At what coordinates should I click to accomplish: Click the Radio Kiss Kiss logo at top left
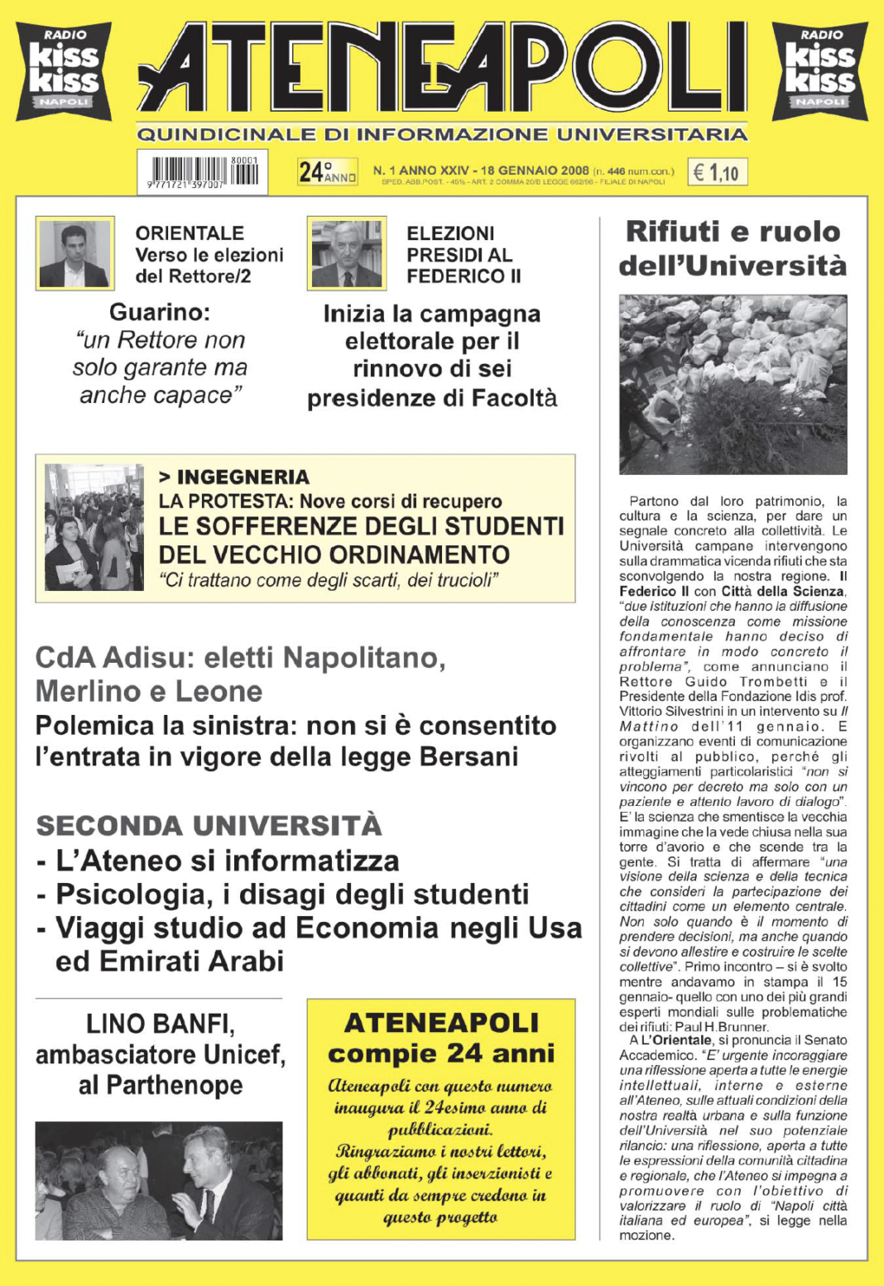click(x=64, y=70)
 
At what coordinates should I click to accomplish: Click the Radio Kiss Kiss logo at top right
click(x=820, y=70)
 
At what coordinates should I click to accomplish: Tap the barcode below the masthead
click(x=203, y=172)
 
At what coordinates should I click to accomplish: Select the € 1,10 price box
click(x=717, y=172)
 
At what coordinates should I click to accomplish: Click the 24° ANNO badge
click(x=327, y=171)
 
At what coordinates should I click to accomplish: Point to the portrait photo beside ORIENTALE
click(x=74, y=253)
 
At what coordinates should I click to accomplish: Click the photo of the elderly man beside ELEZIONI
click(x=347, y=253)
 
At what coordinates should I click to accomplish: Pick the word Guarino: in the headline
click(x=160, y=312)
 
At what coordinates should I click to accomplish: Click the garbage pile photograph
click(x=733, y=384)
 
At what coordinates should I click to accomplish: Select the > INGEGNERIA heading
click(x=234, y=477)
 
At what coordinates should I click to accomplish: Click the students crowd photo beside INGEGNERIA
click(x=94, y=527)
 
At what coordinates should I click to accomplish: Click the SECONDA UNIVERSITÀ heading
click(x=209, y=825)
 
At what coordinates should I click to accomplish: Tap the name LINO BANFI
click(x=160, y=1024)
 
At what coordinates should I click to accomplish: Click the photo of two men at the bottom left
click(x=158, y=1180)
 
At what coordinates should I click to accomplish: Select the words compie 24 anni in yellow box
click(x=441, y=1053)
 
